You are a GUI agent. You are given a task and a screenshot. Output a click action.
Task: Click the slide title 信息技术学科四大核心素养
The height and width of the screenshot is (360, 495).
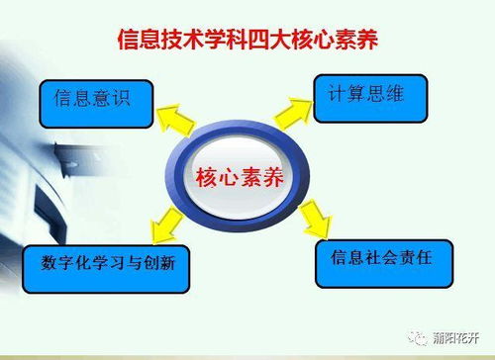[248, 42]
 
